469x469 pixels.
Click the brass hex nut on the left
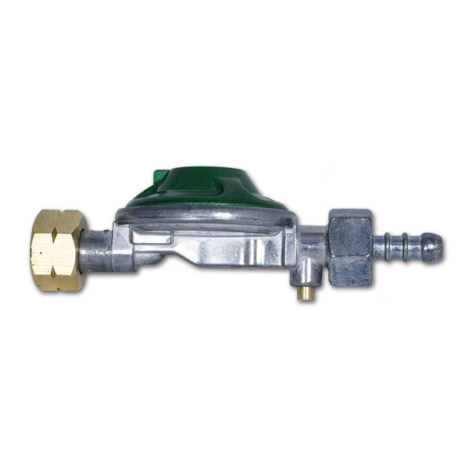coord(59,250)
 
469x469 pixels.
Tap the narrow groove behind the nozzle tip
coord(410,248)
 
